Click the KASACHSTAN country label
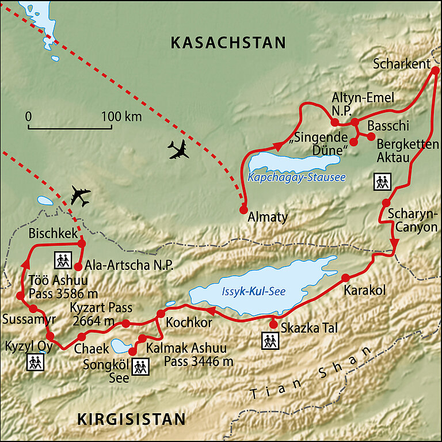228,43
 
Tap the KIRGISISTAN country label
131,419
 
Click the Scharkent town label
401,64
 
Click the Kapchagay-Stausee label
296,177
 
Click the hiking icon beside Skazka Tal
270,341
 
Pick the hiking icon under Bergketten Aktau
382,182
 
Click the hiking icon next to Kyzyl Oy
36,362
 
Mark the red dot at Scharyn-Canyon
386,203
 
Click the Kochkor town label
189,323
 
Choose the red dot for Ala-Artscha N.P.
78,266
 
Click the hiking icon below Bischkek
62,260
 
